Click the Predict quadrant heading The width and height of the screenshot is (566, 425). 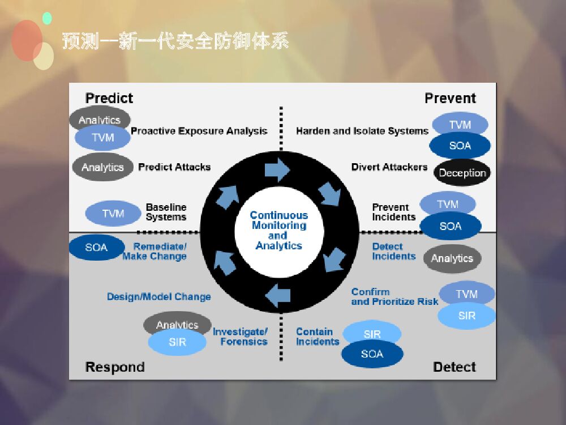109,98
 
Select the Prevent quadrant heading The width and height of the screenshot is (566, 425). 450,98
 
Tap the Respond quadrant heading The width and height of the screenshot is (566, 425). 115,367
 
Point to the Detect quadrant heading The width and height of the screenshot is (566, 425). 454,367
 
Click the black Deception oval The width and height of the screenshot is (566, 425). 462,173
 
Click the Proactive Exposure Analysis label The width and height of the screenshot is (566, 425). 199,131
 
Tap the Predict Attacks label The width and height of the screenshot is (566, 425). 174,167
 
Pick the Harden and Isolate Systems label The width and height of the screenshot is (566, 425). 362,131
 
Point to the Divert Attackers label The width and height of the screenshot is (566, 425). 389,167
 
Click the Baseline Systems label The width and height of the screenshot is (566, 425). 166,212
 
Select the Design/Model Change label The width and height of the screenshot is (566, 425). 159,296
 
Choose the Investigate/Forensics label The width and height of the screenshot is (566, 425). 241,337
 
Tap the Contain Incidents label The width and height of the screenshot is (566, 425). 317,337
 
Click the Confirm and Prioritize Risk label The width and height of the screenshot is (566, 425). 395,296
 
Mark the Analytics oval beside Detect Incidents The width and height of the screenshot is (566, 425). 452,258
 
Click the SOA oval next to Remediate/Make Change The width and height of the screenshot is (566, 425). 96,248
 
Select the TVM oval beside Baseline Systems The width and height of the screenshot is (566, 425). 113,214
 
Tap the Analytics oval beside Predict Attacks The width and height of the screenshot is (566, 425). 102,167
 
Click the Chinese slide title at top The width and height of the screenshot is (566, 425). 175,41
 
